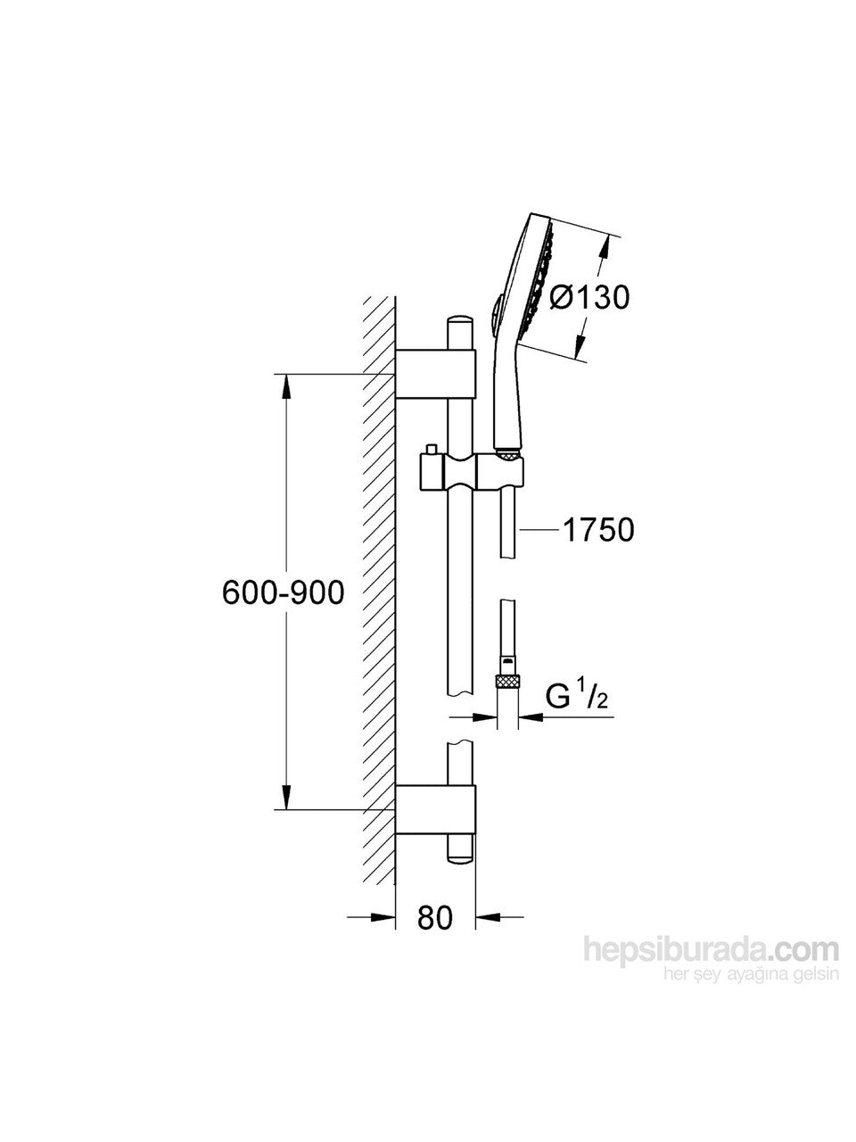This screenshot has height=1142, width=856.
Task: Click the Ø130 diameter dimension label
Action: [x=589, y=296]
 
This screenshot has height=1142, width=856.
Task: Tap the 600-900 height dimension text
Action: [x=283, y=592]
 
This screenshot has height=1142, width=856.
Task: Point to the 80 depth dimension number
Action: [x=435, y=917]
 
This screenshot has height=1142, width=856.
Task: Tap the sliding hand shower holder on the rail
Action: [x=471, y=469]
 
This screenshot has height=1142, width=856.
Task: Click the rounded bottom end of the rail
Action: [x=460, y=856]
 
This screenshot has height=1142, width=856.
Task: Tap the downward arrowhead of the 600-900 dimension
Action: [x=285, y=797]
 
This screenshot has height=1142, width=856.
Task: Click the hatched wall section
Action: [x=379, y=589]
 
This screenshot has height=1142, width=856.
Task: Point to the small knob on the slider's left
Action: [x=432, y=450]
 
